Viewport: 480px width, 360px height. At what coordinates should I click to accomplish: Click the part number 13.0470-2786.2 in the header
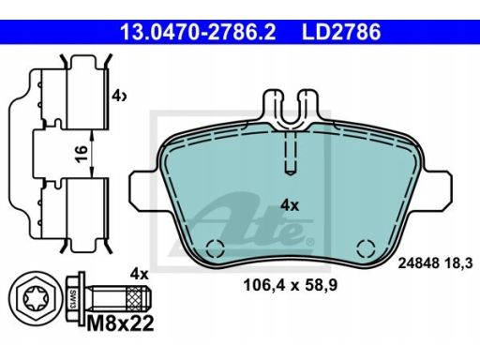click(x=198, y=32)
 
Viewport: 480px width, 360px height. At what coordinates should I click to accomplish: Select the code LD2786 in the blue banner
click(x=341, y=32)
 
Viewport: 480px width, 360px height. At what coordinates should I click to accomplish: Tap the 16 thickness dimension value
click(x=82, y=154)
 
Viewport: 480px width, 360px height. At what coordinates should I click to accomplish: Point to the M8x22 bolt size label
click(x=120, y=322)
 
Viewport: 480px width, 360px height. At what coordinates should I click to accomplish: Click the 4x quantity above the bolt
click(x=139, y=274)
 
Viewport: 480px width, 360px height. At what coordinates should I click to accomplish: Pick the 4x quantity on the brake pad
click(x=290, y=205)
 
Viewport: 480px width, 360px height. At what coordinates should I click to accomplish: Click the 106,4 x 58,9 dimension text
click(x=291, y=285)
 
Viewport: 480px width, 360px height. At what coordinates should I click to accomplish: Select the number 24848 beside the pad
click(x=418, y=263)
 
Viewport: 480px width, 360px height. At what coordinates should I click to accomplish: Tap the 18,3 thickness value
click(x=458, y=263)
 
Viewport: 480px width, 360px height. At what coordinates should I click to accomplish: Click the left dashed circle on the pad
click(x=215, y=248)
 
